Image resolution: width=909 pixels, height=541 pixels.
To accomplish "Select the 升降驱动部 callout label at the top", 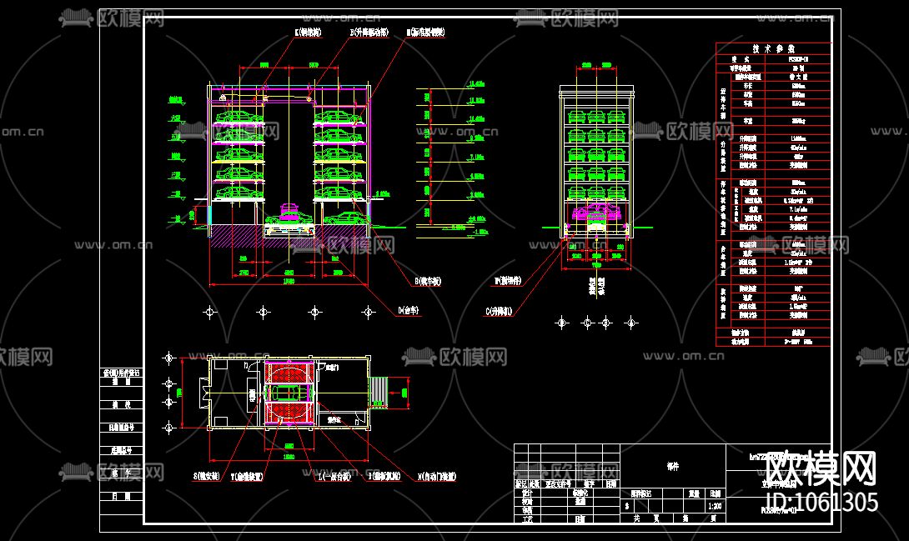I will (x=369, y=33).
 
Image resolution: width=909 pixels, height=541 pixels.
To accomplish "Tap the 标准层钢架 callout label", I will (x=426, y=33).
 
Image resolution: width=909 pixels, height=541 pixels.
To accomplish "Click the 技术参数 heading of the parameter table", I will (x=774, y=48).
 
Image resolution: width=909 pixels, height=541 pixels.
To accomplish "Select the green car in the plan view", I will (x=288, y=392).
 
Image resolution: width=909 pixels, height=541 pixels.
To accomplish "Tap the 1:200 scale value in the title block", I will (x=715, y=505).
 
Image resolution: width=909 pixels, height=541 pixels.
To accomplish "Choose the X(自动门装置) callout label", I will (x=437, y=478).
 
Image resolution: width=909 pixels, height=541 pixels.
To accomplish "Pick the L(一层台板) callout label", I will (x=334, y=478).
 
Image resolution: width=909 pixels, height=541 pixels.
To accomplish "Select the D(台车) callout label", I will (x=408, y=310).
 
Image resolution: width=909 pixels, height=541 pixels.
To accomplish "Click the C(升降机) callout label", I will (x=498, y=311).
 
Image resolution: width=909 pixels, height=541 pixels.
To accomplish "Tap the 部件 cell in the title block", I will (x=672, y=467).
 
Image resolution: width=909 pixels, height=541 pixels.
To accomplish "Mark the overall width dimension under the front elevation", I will (x=288, y=281).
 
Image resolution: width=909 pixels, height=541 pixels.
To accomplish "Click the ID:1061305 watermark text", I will (x=821, y=502).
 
